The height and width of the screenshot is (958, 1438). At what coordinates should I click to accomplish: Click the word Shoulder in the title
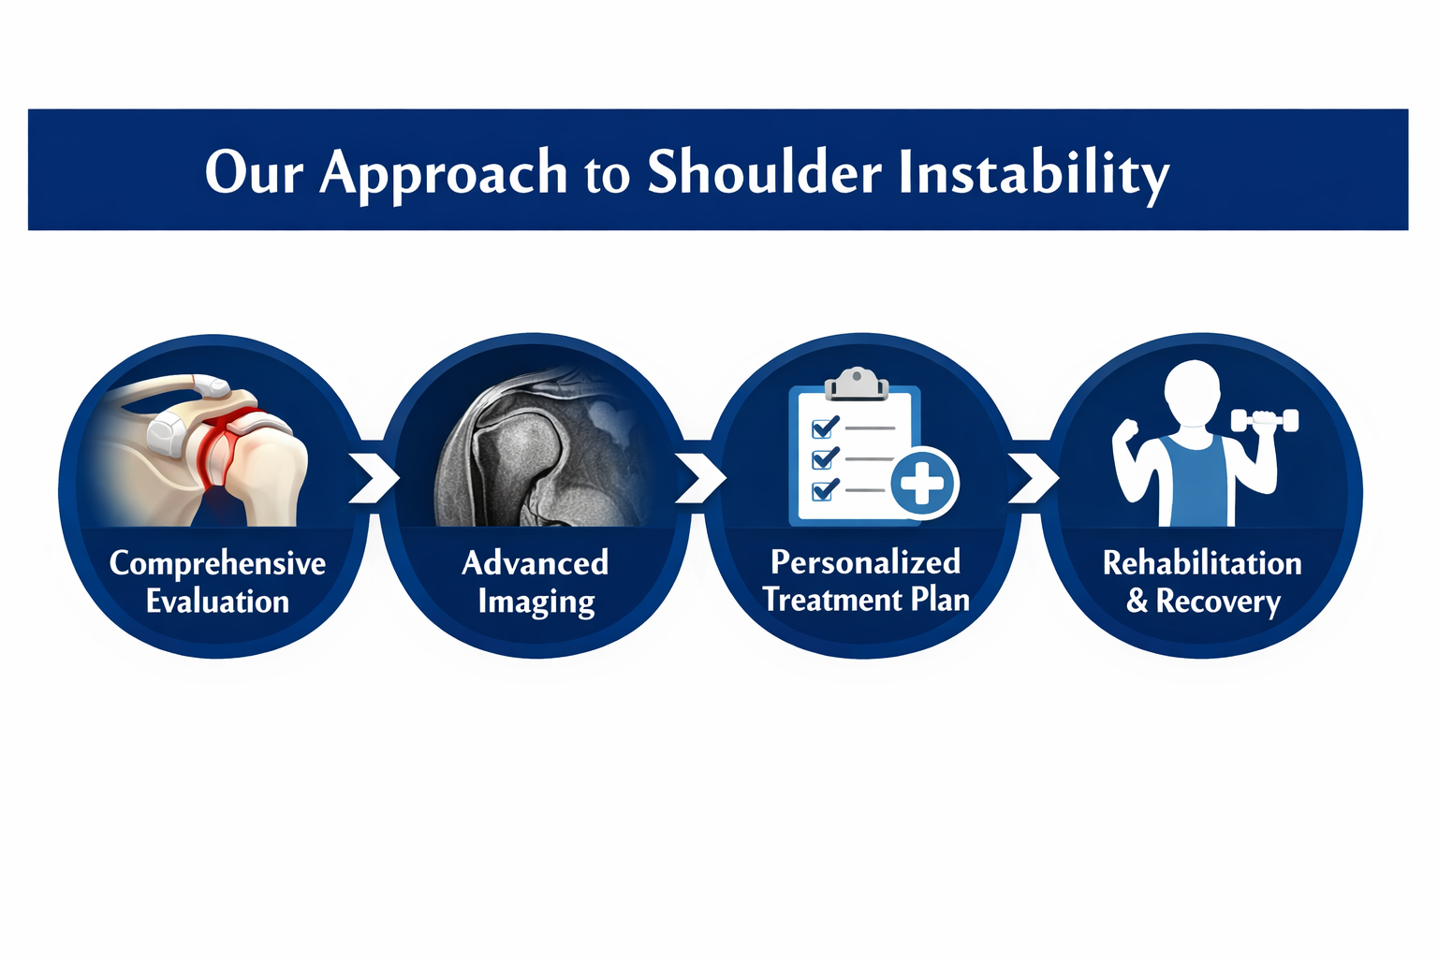click(x=765, y=171)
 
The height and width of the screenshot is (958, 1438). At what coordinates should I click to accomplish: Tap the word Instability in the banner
click(x=1034, y=175)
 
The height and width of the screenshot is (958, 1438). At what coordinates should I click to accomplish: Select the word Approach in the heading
click(x=444, y=175)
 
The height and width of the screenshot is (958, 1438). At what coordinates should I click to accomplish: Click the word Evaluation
click(x=217, y=602)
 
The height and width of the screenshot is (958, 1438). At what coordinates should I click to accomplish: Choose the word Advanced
click(x=535, y=563)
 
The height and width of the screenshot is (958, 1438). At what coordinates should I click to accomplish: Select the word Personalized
click(x=865, y=562)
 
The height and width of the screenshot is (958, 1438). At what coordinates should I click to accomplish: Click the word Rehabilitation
click(x=1202, y=563)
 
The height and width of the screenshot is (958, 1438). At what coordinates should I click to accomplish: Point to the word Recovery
click(x=1218, y=602)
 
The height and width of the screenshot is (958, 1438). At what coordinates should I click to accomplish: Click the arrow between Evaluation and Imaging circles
click(x=374, y=478)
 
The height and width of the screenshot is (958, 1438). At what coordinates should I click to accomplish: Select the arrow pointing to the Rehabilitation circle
click(x=1033, y=478)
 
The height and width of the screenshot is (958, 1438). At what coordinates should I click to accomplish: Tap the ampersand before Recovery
click(x=1137, y=602)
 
